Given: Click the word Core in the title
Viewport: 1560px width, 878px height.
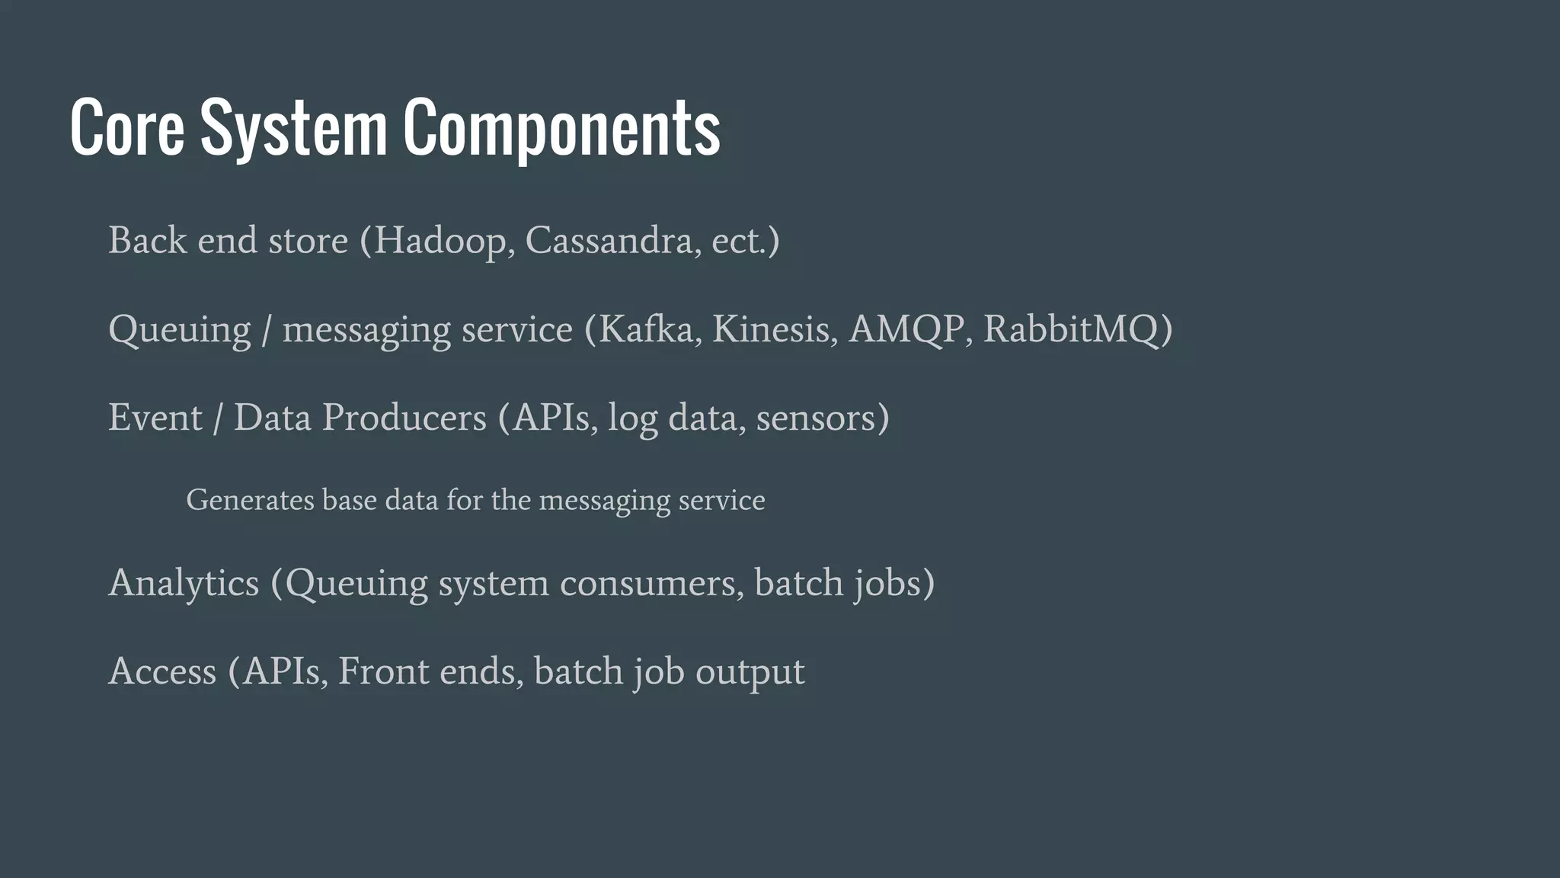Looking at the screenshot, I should click(126, 127).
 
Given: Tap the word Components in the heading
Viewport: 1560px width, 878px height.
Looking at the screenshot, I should click(561, 127).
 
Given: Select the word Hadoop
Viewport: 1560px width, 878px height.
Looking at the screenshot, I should click(440, 241).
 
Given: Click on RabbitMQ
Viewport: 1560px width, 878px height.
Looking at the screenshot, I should click(1071, 329).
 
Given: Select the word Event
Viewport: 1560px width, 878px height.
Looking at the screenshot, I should click(155, 418).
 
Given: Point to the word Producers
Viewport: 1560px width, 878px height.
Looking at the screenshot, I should click(404, 418).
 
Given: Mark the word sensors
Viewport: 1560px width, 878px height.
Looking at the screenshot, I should click(816, 418).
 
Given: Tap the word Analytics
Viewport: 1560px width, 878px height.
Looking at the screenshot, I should click(184, 583).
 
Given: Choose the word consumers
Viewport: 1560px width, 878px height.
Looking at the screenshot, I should click(651, 583).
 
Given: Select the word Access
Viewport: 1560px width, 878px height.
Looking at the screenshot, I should click(162, 671).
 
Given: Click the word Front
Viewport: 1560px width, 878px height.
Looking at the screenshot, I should click(383, 671).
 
